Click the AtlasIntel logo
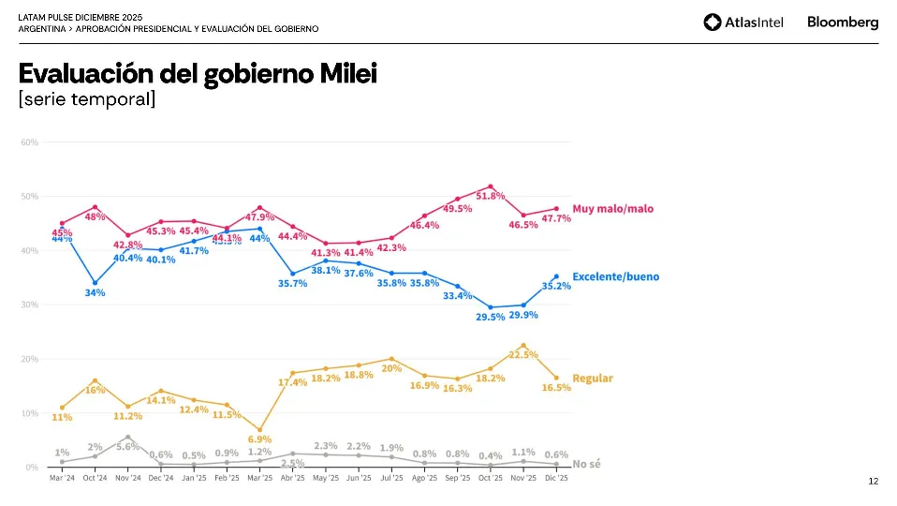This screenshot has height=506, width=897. [x=743, y=22]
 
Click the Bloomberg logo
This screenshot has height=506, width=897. [x=843, y=22]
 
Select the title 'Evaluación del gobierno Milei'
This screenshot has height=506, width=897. [x=198, y=73]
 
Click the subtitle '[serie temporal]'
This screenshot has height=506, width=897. [x=86, y=98]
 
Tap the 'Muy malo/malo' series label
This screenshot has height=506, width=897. [x=612, y=209]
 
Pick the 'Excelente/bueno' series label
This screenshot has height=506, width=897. [x=615, y=276]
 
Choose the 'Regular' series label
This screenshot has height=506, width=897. [x=593, y=379]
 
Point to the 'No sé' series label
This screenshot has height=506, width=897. [x=586, y=464]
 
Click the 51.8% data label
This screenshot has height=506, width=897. [x=491, y=196]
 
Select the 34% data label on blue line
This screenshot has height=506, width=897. [x=95, y=292]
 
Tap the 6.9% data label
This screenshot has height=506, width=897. [x=259, y=439]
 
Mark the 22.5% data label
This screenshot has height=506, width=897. [x=522, y=355]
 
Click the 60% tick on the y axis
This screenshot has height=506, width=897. [x=30, y=142]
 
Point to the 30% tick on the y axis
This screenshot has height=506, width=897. [x=30, y=305]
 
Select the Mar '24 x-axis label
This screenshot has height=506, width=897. [x=62, y=478]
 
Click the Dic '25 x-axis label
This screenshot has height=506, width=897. [x=556, y=478]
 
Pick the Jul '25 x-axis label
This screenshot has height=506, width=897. [x=391, y=478]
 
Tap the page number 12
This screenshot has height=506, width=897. [x=873, y=482]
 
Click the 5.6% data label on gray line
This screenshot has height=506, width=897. [x=127, y=447]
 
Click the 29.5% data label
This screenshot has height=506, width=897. [x=491, y=317]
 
